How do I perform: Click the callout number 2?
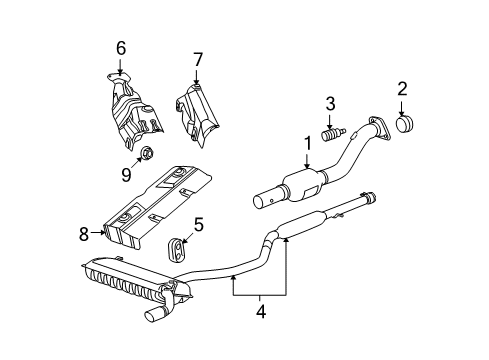coord(402,91)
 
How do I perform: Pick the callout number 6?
coord(120,47)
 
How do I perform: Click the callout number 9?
coord(126,176)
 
